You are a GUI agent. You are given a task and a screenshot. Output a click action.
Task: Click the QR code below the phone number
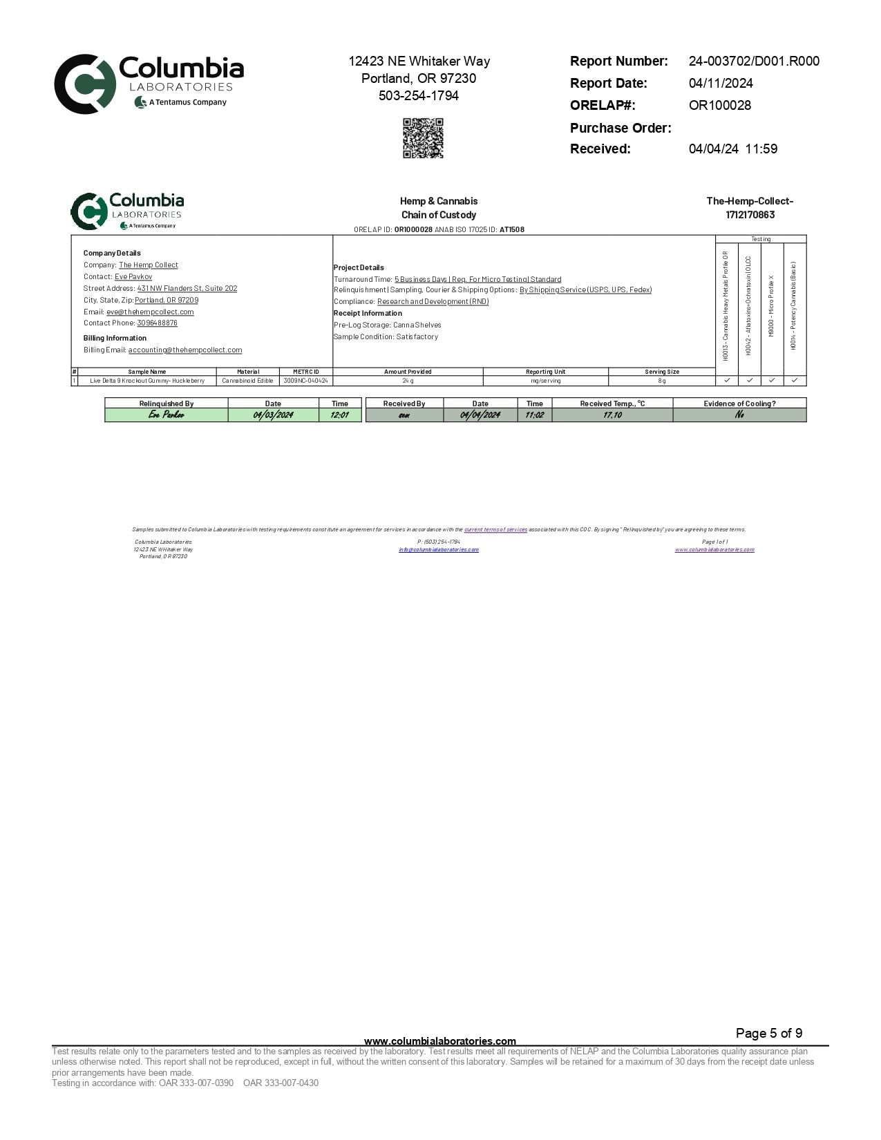[x=423, y=138]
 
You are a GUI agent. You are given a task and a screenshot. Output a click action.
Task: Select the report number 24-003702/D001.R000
[x=754, y=61]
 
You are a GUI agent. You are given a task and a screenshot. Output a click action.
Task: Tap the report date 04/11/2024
[x=721, y=84]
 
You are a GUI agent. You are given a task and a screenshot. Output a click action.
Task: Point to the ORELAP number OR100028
[x=719, y=106]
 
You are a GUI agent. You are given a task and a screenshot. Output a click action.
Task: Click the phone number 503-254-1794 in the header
[x=419, y=96]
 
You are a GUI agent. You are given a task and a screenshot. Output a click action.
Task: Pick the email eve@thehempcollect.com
[x=150, y=312]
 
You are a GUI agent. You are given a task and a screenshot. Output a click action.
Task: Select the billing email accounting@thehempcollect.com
[x=185, y=350]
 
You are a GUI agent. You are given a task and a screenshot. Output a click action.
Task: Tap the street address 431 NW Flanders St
[x=187, y=288]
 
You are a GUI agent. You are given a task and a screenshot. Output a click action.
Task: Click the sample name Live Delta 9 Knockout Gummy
[x=147, y=381]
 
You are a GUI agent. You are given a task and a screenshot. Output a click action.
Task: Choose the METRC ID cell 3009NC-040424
[x=305, y=381]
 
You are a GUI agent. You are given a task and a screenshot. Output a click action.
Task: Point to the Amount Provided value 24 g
[x=408, y=381]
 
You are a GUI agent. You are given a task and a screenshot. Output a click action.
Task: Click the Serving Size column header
[x=661, y=372]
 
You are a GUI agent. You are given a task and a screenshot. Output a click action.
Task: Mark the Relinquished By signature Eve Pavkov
[x=167, y=415]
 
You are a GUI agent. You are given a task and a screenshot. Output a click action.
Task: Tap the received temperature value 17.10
[x=612, y=415]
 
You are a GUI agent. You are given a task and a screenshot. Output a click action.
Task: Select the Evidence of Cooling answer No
[x=739, y=415]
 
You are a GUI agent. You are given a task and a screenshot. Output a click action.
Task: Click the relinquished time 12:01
[x=339, y=415]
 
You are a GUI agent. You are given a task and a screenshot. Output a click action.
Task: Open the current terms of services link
[x=495, y=529]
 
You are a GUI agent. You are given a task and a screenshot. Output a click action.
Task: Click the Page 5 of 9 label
[x=768, y=1034]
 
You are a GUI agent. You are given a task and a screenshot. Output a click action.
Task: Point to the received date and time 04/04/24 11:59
[x=732, y=149]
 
